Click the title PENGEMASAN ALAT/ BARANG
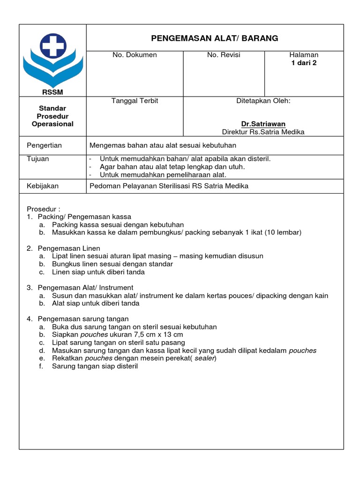(x=214, y=38)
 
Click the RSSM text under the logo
(x=52, y=92)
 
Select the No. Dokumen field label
(x=135, y=55)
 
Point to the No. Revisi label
(x=224, y=55)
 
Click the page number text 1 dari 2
(x=304, y=63)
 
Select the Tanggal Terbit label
(x=135, y=101)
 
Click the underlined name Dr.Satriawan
(x=263, y=124)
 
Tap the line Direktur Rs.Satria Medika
(x=263, y=132)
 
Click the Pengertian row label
(x=45, y=145)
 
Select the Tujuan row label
(x=38, y=159)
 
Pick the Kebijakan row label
(x=43, y=186)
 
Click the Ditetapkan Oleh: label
(x=263, y=101)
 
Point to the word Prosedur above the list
(x=42, y=209)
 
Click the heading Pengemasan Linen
(x=69, y=248)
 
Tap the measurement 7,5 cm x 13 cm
(x=157, y=335)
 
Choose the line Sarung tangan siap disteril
(x=95, y=367)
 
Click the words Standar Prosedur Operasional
(x=52, y=116)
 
